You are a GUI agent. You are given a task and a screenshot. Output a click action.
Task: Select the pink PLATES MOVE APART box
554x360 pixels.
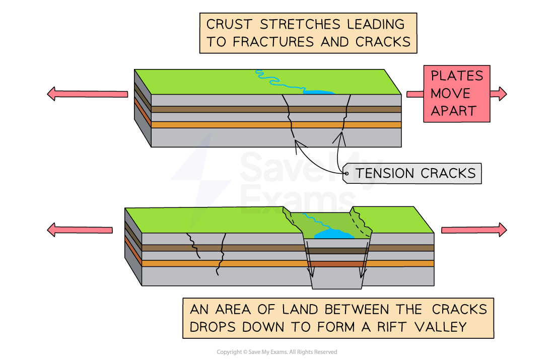(x=456, y=94)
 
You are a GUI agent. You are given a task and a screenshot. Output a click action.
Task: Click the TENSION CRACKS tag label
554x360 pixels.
(x=415, y=173)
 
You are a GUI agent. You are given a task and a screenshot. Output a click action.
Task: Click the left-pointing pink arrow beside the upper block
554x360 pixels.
(x=88, y=94)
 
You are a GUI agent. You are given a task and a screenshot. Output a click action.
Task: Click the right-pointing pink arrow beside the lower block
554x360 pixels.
(x=473, y=230)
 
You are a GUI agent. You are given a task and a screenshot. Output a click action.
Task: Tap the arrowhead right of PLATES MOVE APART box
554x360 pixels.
(x=499, y=94)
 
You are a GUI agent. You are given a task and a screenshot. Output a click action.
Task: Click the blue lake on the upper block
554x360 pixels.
(x=318, y=92)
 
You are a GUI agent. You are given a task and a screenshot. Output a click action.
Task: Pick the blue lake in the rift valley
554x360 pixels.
(x=332, y=234)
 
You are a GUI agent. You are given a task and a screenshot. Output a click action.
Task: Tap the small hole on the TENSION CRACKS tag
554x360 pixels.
(x=347, y=174)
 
